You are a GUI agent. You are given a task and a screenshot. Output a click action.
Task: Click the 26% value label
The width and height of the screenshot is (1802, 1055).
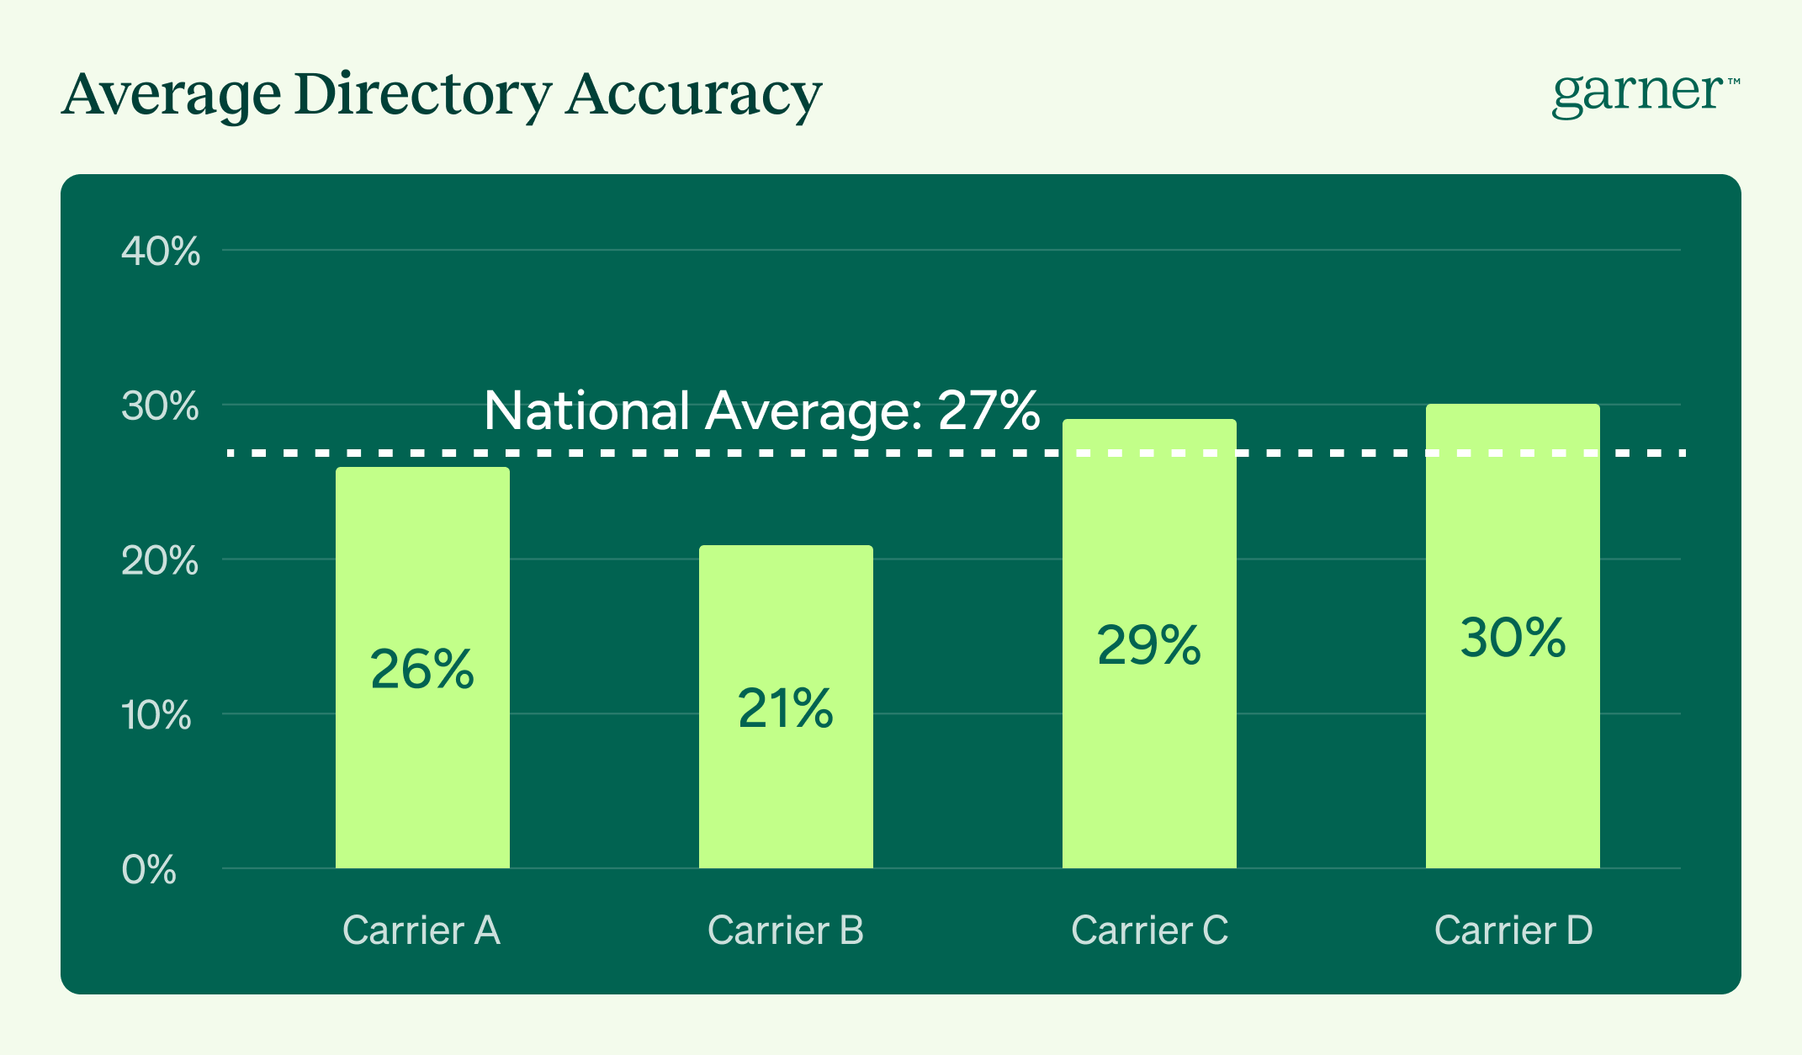click(422, 670)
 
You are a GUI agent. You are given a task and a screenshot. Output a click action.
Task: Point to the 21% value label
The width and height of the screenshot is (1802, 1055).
click(786, 708)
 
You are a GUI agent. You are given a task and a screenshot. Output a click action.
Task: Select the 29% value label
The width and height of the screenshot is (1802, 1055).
click(1149, 646)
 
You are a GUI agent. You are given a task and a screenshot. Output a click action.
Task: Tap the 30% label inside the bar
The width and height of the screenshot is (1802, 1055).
click(1513, 638)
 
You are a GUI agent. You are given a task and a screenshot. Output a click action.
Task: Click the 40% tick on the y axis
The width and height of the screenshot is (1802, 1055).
click(161, 252)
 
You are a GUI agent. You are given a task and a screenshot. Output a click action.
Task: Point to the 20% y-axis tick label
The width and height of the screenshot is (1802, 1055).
click(160, 561)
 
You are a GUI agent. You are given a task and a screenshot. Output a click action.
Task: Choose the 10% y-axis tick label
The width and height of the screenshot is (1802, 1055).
click(157, 716)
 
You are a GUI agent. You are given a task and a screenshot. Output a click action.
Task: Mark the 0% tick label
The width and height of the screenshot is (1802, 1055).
click(149, 871)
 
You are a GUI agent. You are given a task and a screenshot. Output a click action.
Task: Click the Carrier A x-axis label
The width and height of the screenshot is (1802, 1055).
click(421, 930)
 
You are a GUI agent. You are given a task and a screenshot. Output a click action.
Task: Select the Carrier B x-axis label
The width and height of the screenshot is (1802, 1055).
click(786, 930)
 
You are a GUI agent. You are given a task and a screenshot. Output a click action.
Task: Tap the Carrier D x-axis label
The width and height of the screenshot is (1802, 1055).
click(1513, 930)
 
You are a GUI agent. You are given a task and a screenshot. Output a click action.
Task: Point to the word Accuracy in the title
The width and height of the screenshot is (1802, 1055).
click(693, 94)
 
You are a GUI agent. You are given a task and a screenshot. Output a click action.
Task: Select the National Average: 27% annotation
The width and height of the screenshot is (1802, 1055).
click(761, 411)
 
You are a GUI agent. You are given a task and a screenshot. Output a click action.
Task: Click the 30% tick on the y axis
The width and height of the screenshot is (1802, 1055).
click(160, 406)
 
